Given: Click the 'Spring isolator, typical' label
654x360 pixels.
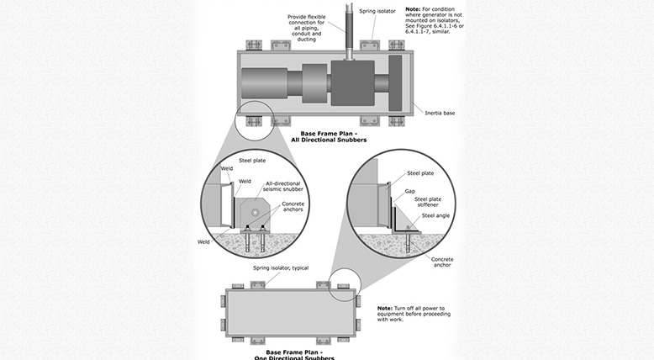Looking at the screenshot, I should tap(275, 267).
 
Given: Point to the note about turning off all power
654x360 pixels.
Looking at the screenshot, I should tap(409, 313).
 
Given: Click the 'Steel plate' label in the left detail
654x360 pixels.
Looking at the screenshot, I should tap(254, 160).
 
